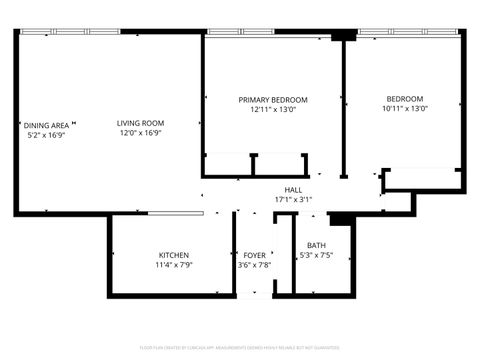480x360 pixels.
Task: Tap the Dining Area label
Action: click(47, 125)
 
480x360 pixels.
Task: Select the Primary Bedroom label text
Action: click(272, 100)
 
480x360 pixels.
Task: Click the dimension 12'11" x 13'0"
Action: click(272, 110)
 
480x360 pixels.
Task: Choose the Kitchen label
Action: click(174, 255)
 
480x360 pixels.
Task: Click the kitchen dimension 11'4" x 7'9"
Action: click(174, 265)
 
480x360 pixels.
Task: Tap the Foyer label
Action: click(254, 255)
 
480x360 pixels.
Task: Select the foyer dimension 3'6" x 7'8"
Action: click(254, 265)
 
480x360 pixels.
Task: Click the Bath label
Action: click(316, 245)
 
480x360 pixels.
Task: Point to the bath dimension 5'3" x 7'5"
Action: click(316, 256)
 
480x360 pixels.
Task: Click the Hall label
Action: click(293, 189)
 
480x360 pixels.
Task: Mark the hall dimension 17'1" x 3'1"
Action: click(293, 199)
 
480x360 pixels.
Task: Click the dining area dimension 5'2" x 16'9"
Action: click(47, 135)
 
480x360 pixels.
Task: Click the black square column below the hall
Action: click(338, 219)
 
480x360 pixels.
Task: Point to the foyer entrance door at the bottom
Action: click(254, 295)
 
